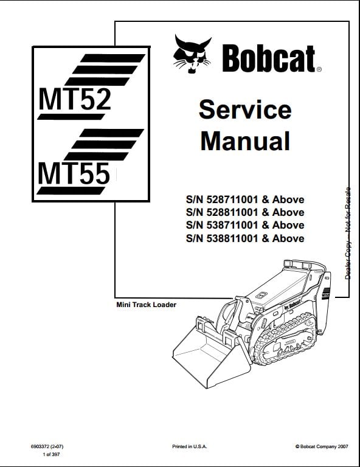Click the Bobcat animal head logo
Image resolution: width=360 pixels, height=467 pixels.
coord(192,54)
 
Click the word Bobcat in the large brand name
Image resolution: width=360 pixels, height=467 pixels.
coord(269,58)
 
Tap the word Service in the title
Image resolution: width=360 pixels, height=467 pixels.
coord(245,109)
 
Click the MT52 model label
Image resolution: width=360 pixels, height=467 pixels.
coord(75,99)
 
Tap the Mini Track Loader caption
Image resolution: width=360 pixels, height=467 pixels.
coord(146,305)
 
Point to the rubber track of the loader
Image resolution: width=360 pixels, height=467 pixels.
coord(282,339)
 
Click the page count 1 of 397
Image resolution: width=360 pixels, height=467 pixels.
coord(51,454)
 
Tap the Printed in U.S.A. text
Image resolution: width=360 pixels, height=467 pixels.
coord(189,446)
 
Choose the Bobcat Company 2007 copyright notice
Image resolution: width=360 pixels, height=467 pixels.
coord(322,446)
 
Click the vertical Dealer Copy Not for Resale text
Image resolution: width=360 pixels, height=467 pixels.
coord(348,233)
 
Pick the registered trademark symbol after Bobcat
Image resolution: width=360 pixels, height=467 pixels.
coord(319,70)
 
